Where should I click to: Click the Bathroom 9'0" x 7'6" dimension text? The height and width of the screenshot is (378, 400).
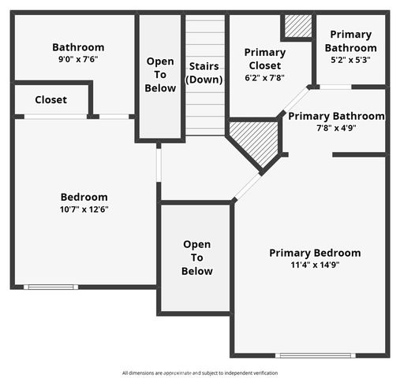click(77, 59)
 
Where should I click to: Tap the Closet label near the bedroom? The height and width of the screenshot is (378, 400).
click(50, 100)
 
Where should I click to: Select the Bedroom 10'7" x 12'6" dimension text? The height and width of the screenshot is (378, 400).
click(84, 209)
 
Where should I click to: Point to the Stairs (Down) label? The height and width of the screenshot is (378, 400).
click(204, 73)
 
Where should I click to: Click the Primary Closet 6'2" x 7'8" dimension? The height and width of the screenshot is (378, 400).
click(265, 78)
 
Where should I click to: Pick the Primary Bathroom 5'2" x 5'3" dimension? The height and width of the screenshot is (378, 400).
click(350, 60)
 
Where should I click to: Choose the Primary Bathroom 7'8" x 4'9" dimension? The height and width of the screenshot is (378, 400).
click(336, 128)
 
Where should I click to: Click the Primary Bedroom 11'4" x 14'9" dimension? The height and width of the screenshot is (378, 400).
click(315, 265)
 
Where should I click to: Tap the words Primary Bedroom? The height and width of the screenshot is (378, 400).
click(315, 253)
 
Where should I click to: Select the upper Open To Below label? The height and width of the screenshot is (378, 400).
click(160, 75)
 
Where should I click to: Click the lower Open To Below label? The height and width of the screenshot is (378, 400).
click(196, 258)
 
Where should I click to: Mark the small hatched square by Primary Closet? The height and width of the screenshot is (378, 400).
click(298, 26)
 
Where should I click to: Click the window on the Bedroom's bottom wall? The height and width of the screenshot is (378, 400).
click(50, 287)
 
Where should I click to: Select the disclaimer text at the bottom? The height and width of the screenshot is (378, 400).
click(200, 372)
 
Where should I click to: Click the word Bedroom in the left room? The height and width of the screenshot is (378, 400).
click(84, 197)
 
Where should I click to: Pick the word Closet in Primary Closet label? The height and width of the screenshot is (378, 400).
click(265, 65)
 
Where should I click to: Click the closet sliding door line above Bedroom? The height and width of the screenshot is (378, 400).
click(55, 117)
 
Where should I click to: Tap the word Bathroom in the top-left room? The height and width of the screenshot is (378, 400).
click(77, 47)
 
